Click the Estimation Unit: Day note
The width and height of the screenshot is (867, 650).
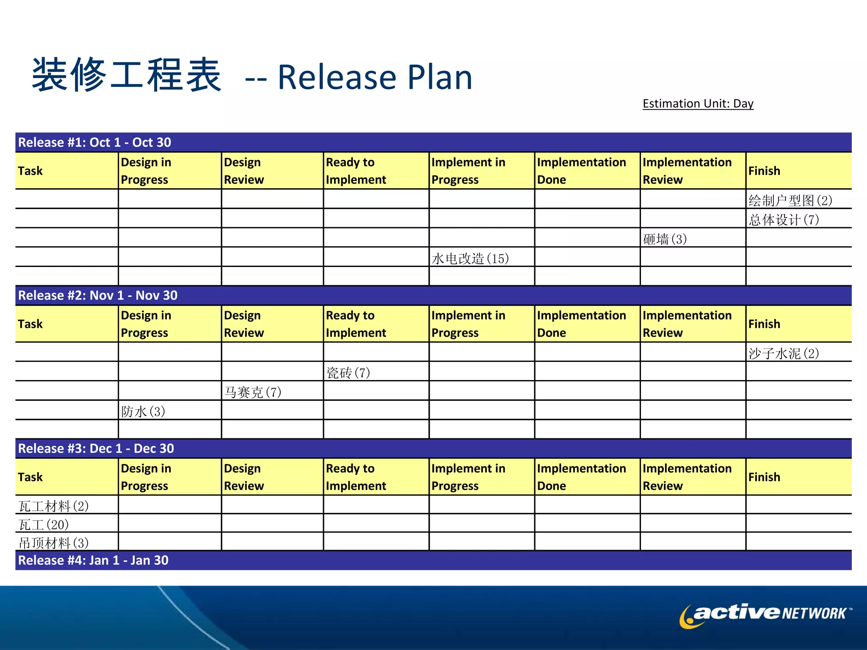pos(698,104)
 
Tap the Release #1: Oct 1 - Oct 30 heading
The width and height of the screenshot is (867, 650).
pos(94,142)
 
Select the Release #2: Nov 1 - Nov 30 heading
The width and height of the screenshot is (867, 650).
pos(97,295)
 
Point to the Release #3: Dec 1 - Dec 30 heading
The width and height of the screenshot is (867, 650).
pos(96,449)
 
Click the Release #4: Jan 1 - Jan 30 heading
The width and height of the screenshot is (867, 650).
pos(93,560)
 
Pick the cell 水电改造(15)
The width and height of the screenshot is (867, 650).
pos(470,259)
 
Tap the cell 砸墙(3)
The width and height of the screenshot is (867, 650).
pos(665,239)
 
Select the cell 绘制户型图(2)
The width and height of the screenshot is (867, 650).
pos(790,200)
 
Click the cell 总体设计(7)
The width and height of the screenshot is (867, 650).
pos(784,220)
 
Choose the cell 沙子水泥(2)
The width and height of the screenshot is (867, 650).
pos(784,353)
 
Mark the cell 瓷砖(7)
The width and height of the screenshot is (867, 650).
pos(348,373)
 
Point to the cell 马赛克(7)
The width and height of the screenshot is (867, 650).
pos(253,392)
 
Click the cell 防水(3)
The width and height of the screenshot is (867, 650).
pos(143,411)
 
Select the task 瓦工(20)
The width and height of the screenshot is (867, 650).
pos(44,525)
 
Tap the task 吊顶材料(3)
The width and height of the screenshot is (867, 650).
pos(53,543)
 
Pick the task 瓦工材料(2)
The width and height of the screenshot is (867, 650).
pos(53,506)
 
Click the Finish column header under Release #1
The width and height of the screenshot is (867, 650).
pos(764,171)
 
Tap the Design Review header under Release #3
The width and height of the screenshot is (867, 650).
pos(244,477)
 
